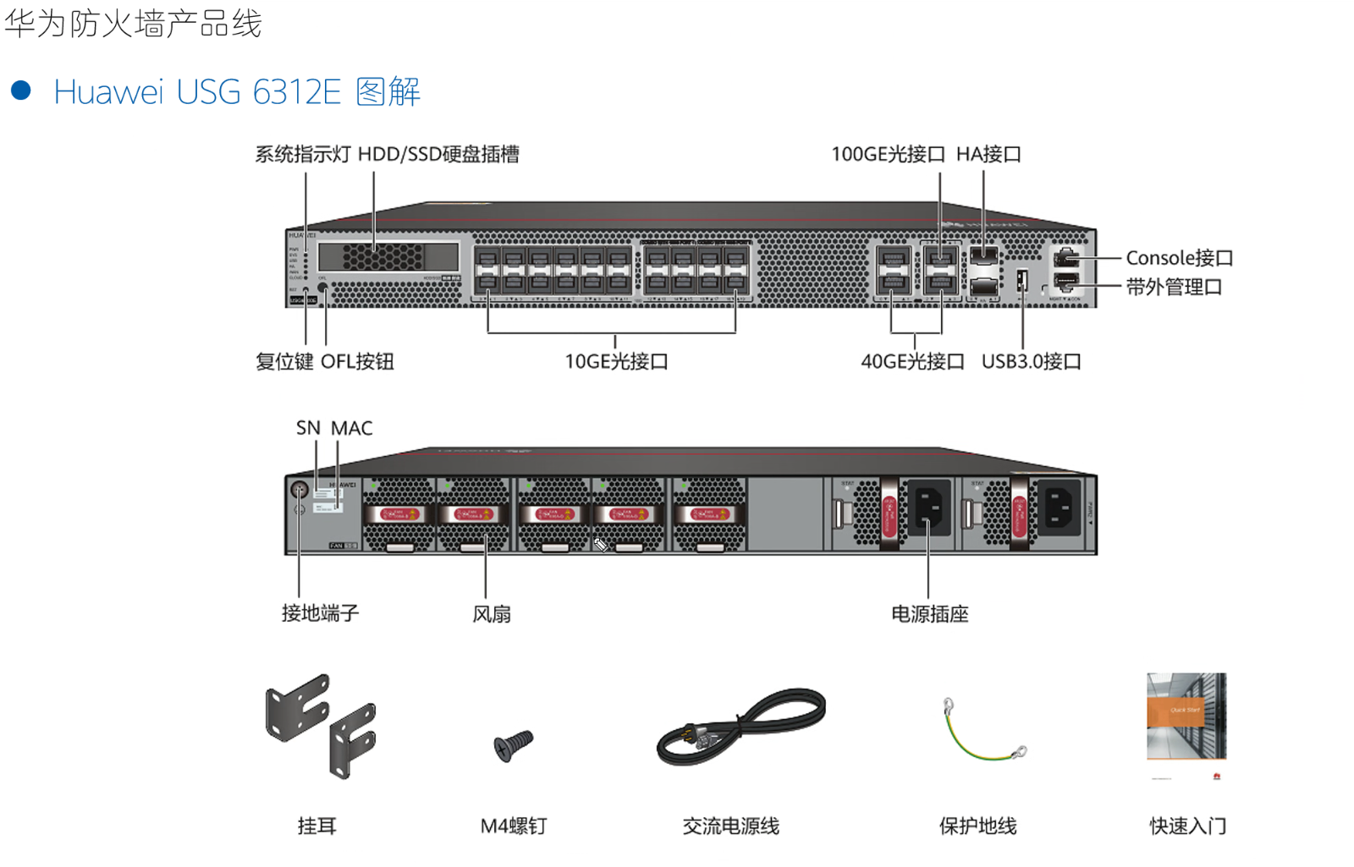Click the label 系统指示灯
(x=302, y=154)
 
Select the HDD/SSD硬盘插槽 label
(x=438, y=154)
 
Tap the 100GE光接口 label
(x=888, y=154)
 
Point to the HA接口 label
(x=988, y=154)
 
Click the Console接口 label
(x=1179, y=258)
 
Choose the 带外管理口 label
(x=1174, y=288)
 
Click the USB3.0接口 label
(x=1031, y=362)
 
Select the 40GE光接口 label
(x=912, y=362)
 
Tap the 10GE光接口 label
(x=616, y=362)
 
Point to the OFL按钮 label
(x=357, y=362)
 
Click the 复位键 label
(x=284, y=362)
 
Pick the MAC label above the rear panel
(x=351, y=428)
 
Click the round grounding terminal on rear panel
(x=299, y=490)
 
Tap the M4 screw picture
(x=513, y=745)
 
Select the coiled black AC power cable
(x=740, y=727)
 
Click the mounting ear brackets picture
(x=321, y=724)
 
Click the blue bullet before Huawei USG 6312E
(x=21, y=91)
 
